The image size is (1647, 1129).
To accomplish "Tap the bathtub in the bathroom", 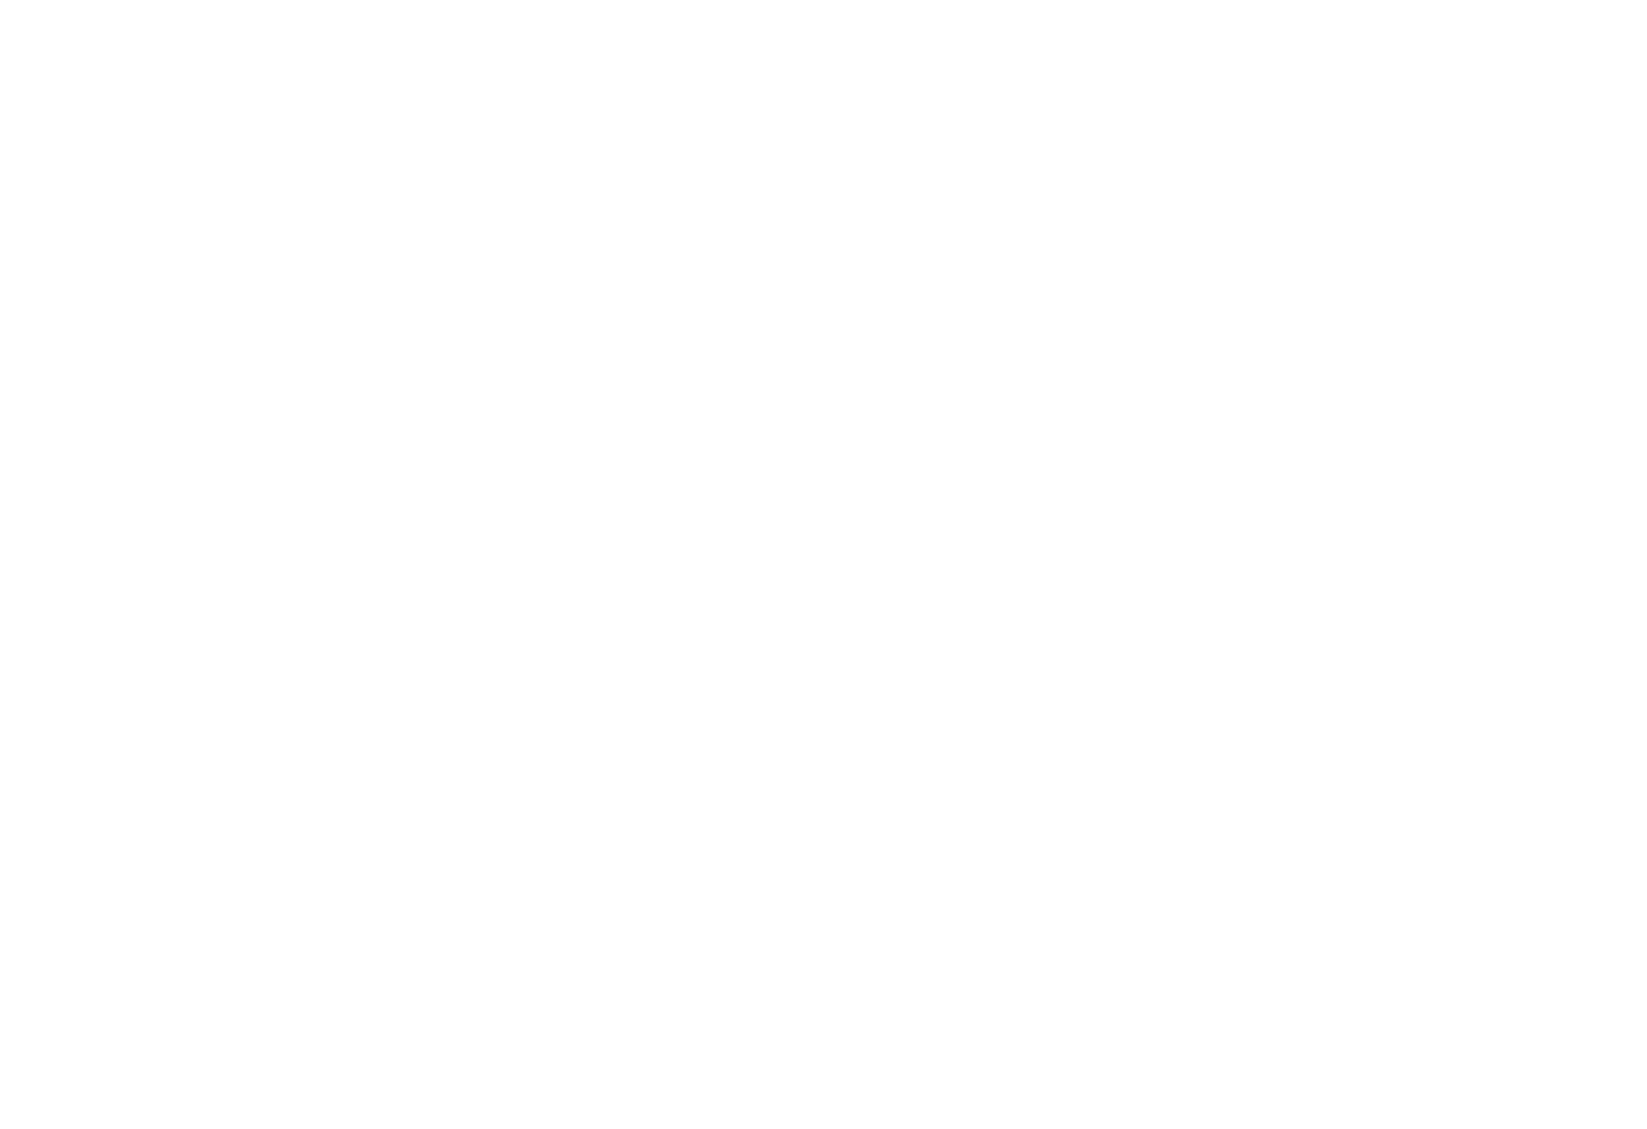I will point(330,615).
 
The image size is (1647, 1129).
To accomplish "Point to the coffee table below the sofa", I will point(768,376).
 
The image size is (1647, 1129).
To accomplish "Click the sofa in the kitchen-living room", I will point(768,300).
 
